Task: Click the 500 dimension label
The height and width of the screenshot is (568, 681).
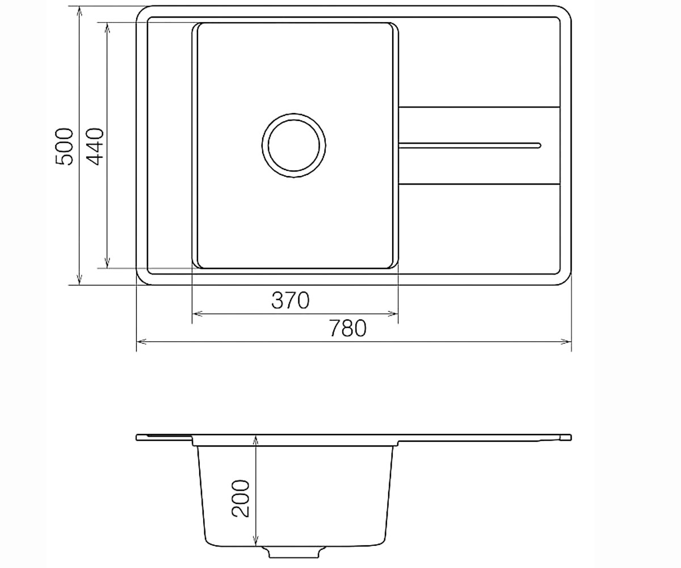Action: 65,147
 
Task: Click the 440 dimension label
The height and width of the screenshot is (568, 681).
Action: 95,147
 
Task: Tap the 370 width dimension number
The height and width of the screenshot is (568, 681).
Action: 290,300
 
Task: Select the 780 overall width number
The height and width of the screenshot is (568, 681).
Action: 347,328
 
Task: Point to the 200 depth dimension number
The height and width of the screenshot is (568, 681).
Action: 240,498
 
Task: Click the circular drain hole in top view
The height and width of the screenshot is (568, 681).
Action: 293,145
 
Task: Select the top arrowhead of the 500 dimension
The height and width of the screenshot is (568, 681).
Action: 79,11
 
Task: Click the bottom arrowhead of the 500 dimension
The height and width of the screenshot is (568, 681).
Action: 79,280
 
